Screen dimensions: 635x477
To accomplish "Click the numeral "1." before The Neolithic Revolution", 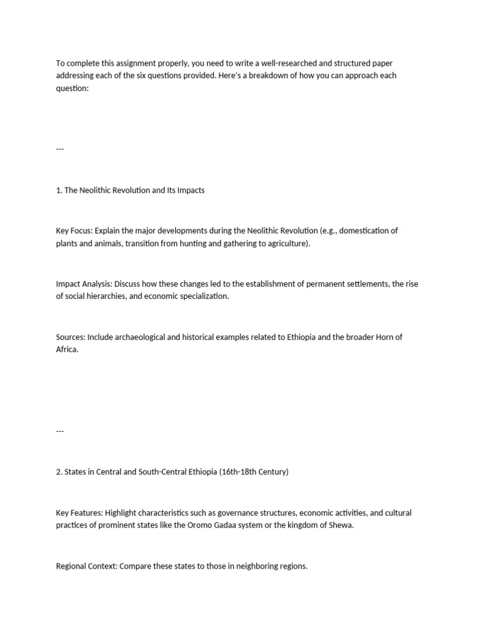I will click(59, 190).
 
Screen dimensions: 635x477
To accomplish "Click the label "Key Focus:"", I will click(75, 231).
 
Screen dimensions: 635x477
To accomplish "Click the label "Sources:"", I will click(70, 337).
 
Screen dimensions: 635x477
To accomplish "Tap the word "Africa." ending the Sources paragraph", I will click(67, 349).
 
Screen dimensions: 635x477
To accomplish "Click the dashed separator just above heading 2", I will click(60, 430).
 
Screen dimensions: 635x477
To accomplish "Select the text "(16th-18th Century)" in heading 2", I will click(252, 472).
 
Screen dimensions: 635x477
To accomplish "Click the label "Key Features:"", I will click(79, 513).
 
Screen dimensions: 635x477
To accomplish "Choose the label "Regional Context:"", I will click(86, 566).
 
